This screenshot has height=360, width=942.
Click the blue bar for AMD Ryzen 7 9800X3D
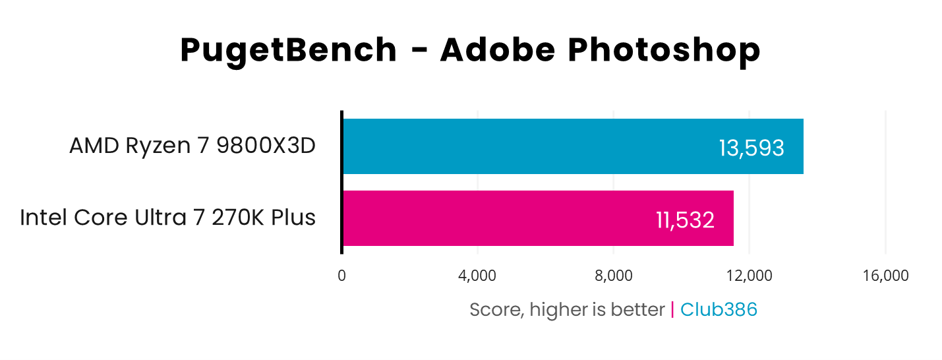(527, 146)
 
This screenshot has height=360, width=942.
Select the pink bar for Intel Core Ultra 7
(494, 218)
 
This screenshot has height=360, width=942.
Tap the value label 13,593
(751, 148)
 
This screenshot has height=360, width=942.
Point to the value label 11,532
(685, 220)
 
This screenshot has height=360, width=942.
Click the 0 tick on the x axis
(341, 276)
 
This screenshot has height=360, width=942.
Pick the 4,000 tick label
(477, 276)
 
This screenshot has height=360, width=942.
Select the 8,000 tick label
(613, 276)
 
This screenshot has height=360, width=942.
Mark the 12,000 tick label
(749, 276)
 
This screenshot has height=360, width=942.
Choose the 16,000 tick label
(885, 276)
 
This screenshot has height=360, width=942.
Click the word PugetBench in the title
(289, 51)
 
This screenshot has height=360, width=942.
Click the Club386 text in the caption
(719, 309)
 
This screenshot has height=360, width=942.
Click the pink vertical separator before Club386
(672, 309)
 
